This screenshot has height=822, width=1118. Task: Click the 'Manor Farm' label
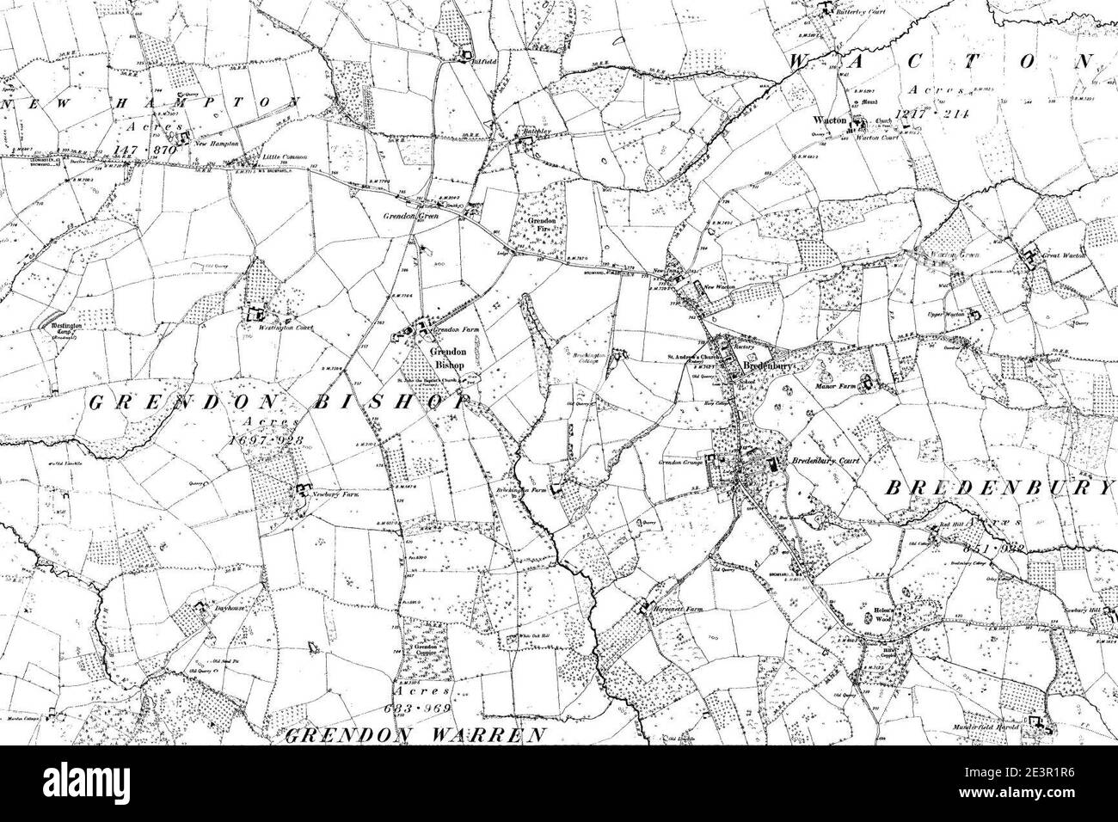pyautogui.click(x=834, y=387)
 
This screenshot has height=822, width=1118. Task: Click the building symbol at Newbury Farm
pyautogui.click(x=302, y=490)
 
